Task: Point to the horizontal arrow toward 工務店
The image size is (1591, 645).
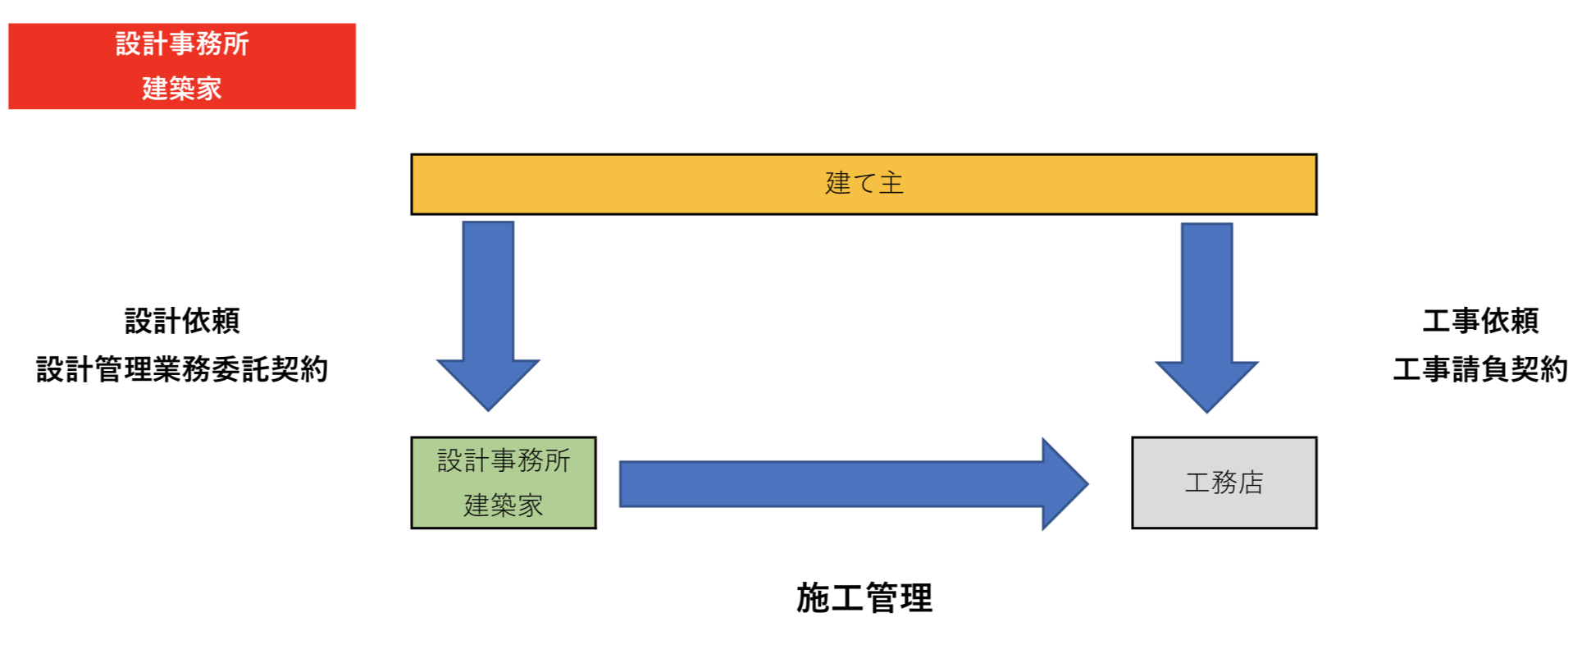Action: click(x=853, y=484)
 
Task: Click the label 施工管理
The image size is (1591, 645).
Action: click(x=864, y=598)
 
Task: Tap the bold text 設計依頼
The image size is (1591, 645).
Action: click(x=182, y=321)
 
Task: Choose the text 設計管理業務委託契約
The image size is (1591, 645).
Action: click(x=182, y=369)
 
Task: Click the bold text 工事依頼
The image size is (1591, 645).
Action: click(x=1480, y=321)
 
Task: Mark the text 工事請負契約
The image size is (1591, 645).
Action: click(x=1480, y=369)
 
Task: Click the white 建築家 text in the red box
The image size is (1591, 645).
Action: click(x=182, y=88)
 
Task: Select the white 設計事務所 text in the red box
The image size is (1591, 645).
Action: click(x=182, y=43)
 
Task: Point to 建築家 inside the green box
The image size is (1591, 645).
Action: click(x=504, y=505)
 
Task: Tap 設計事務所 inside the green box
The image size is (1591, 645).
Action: click(x=504, y=460)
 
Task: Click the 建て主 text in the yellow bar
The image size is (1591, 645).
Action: click(x=864, y=183)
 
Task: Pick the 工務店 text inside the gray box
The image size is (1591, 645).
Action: click(x=1224, y=483)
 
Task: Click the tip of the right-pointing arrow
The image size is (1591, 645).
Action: click(x=1084, y=484)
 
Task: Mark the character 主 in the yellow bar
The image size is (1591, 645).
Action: click(x=891, y=183)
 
